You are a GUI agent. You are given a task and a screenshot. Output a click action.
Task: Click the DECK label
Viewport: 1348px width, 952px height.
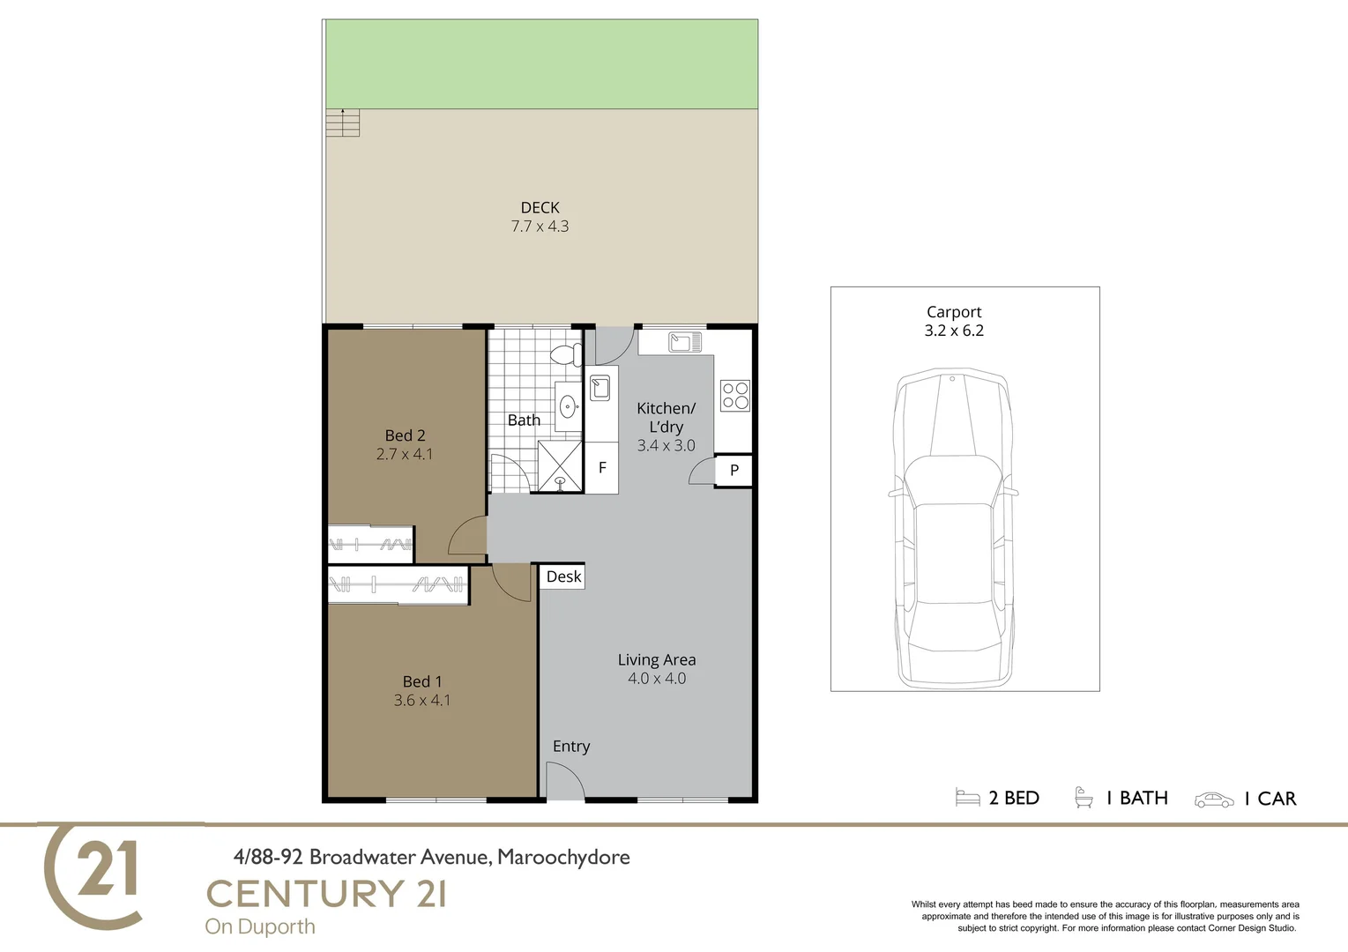point(540,208)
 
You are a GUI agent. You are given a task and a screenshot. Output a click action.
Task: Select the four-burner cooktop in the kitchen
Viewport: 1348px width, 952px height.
point(734,396)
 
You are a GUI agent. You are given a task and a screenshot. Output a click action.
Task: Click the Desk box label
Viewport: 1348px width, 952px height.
point(563,576)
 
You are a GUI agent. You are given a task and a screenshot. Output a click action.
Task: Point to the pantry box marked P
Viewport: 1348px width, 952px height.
point(734,469)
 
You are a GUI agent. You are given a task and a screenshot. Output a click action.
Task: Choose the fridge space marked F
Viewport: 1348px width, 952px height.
point(602,467)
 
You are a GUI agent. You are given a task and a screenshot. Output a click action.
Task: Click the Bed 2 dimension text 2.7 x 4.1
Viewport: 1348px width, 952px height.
point(405,454)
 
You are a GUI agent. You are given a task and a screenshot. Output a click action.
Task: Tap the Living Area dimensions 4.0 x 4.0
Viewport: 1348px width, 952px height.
point(657,678)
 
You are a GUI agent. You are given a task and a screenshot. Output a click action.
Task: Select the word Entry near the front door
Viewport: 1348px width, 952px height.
point(571,747)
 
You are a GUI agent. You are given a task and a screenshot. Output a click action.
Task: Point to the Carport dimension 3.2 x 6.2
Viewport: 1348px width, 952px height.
point(954,331)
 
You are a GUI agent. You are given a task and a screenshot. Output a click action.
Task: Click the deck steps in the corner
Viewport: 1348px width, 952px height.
point(343,123)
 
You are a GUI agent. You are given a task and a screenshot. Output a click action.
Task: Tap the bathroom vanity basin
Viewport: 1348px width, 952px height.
point(568,406)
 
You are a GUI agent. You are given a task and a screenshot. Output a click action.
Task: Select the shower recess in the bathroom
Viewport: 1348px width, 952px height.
point(560,466)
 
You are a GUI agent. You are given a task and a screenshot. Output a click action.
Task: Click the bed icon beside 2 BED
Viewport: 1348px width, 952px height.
point(968,798)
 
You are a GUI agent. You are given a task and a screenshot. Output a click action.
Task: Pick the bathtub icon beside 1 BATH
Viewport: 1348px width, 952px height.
point(1084,798)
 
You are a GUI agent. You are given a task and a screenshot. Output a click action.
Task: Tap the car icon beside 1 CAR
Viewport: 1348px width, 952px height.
point(1214,800)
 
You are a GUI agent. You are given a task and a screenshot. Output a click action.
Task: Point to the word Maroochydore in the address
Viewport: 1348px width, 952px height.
point(563,857)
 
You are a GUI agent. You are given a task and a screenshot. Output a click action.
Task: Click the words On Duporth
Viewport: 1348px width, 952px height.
point(260,926)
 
